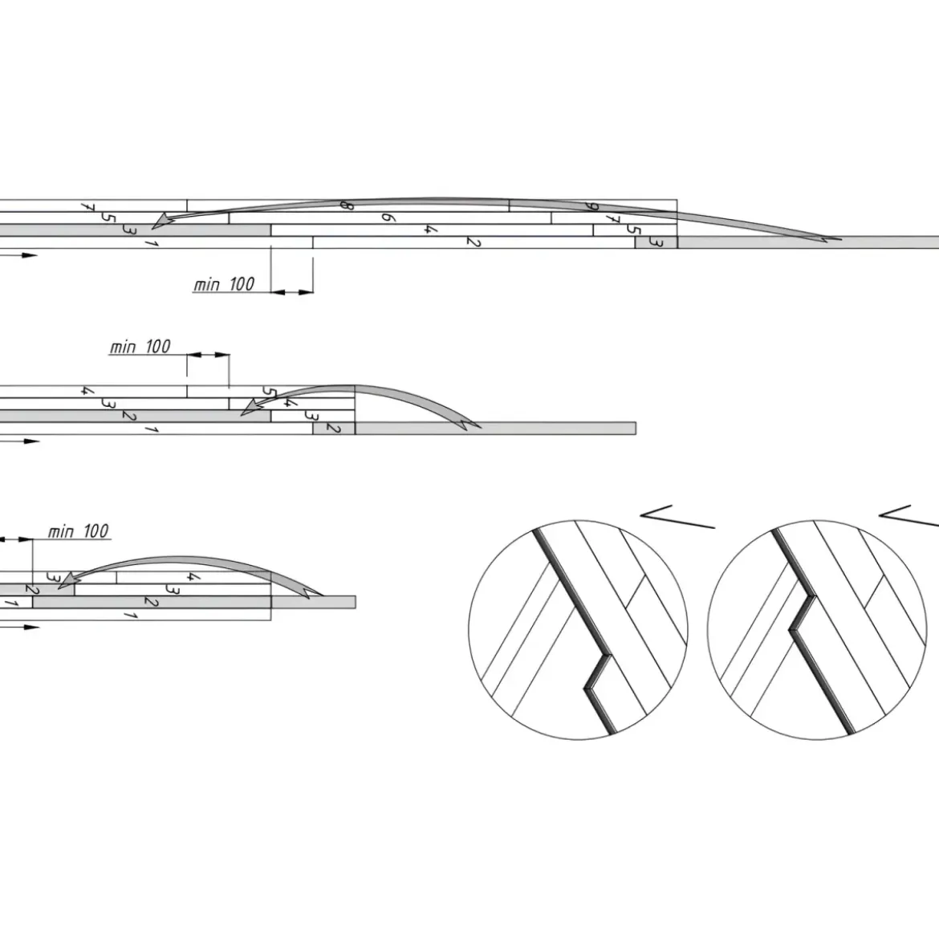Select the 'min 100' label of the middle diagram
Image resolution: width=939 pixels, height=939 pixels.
point(140,347)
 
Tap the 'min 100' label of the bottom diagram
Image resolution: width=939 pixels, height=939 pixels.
point(79,531)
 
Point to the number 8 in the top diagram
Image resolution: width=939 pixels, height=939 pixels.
point(346,205)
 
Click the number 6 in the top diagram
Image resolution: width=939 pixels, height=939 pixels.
point(388,217)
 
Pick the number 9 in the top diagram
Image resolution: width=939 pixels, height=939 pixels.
point(591,206)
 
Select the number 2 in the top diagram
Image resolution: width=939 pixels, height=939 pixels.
point(473,242)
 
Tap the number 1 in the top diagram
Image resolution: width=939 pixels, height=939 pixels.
point(151,243)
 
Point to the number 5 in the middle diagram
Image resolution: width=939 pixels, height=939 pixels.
point(270,392)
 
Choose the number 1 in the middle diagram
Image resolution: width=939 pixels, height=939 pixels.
point(151,429)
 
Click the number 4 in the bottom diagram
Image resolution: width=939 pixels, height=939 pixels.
point(193,577)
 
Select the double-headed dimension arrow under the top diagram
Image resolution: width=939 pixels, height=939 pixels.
point(291,292)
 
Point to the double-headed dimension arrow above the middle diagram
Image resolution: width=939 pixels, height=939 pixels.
point(208,355)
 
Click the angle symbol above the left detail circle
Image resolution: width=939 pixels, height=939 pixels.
point(677,517)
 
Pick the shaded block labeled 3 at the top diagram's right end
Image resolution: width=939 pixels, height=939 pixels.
point(656,242)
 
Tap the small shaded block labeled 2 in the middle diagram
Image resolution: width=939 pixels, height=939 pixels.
point(334,429)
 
